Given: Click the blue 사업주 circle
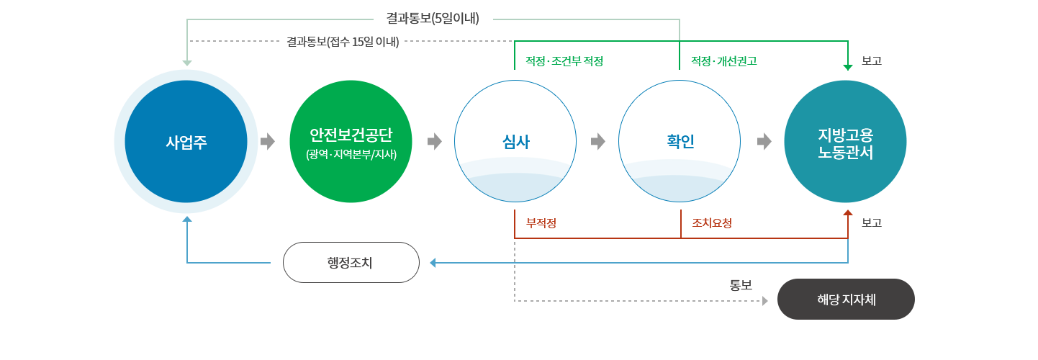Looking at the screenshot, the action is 186,141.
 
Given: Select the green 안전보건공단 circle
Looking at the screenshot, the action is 351,141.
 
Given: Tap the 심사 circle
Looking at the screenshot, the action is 515,141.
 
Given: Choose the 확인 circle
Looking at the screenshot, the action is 680,141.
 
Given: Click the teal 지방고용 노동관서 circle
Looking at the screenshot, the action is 845,141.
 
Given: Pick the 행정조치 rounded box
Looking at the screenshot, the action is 351,262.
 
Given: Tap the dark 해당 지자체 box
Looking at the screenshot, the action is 846,300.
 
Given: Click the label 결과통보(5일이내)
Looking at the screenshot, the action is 433,19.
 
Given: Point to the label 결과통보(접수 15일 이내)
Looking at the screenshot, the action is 343,42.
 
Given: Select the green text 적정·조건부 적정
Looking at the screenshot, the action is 564,61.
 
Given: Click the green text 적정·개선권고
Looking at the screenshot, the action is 724,61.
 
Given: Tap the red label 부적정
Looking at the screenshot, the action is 541,223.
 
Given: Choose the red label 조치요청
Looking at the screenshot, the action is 712,223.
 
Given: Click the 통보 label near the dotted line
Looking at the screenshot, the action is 741,285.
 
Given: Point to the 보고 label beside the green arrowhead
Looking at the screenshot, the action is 872,60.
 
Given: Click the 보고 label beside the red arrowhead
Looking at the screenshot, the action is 872,223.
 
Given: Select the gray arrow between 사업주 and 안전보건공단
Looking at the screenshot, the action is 267,141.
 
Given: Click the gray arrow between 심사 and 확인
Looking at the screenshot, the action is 597,141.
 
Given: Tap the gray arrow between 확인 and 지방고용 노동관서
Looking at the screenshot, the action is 764,141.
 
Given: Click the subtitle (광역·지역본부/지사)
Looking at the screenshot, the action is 351,154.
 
